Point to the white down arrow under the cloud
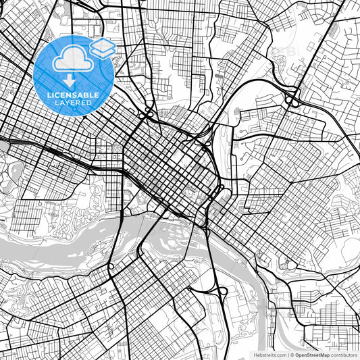pyautogui.click(x=74, y=80)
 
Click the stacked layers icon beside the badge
pyautogui.click(x=103, y=47)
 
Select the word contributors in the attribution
pyautogui.click(x=344, y=355)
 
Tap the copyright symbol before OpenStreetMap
pyautogui.click(x=291, y=355)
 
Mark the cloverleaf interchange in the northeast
pyautogui.click(x=292, y=99)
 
